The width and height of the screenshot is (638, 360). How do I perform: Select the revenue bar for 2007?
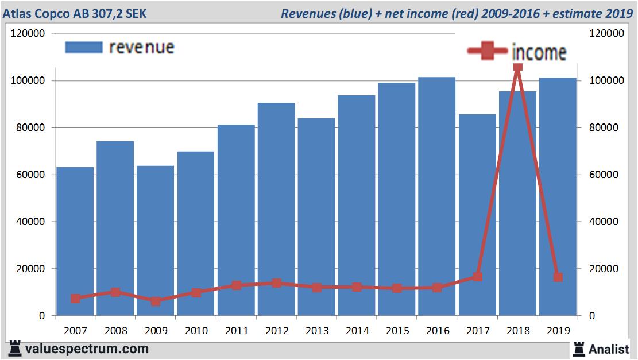tap(75, 241)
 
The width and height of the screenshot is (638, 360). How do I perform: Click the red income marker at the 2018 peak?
tap(517, 67)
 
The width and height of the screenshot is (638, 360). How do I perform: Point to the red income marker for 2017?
tap(477, 277)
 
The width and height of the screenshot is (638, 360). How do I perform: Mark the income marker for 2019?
tap(558, 277)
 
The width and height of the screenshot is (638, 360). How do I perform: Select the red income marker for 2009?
tap(156, 301)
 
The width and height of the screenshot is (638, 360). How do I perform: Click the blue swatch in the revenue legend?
tap(84, 47)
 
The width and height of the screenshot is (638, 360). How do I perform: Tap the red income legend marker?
tap(488, 51)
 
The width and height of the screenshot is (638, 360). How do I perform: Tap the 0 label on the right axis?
tap(593, 316)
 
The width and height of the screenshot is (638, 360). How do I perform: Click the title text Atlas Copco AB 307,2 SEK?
tap(75, 13)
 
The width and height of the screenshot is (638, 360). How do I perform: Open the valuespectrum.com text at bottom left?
tap(86, 349)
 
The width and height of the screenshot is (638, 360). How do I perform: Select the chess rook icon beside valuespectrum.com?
tap(14, 348)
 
